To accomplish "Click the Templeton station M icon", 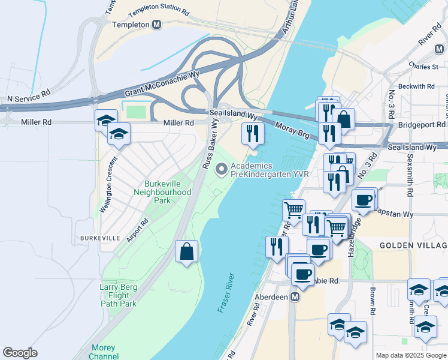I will (x=157, y=25).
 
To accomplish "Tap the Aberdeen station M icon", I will (x=295, y=297).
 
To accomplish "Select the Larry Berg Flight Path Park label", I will (x=118, y=295).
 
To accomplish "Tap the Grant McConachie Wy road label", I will (x=161, y=83).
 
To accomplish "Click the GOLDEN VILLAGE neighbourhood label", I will (x=413, y=246).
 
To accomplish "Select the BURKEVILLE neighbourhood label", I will (x=94, y=238).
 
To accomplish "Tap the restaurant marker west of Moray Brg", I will (x=252, y=133).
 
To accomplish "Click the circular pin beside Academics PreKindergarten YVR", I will (x=223, y=170).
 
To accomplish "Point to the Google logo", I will (x=20, y=353).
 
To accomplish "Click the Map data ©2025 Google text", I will (x=410, y=355).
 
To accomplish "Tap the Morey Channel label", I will (x=104, y=352).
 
